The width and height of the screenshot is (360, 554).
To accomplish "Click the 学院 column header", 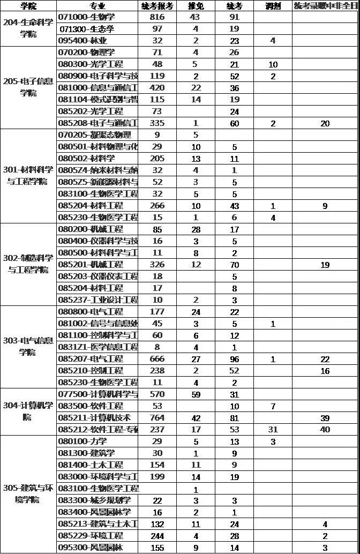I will point(28,6).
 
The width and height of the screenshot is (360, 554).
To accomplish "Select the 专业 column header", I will point(97,6).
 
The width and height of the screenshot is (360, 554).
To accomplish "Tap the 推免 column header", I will point(196,6).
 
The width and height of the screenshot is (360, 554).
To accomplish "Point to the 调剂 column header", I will point(273,6).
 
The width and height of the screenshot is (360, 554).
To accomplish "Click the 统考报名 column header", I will point(157,6).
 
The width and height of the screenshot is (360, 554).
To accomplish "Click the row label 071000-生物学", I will point(86,17).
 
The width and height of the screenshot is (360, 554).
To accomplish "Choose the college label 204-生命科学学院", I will point(28,29).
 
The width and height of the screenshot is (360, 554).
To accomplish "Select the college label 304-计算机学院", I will point(28,411).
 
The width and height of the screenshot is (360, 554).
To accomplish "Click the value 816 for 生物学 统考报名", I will point(157,17).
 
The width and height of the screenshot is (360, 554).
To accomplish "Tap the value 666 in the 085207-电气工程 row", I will point(157,359).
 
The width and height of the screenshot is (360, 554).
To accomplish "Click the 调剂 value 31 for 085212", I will point(273,429).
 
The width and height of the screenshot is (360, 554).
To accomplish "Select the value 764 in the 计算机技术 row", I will point(157,417).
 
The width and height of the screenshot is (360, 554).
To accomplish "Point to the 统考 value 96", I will point(235,359).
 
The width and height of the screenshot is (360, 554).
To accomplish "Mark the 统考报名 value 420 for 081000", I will point(157,88).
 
